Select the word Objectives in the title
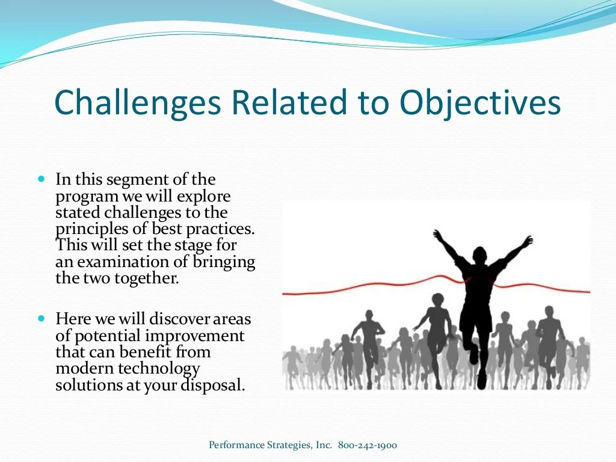coord(480,103)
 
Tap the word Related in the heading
coord(289,102)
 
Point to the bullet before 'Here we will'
coord(42,318)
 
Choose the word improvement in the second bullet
coord(194,336)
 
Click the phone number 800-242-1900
coord(368,445)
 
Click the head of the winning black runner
coord(479,255)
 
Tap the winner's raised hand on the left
coord(438,235)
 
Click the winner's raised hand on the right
coord(528,239)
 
